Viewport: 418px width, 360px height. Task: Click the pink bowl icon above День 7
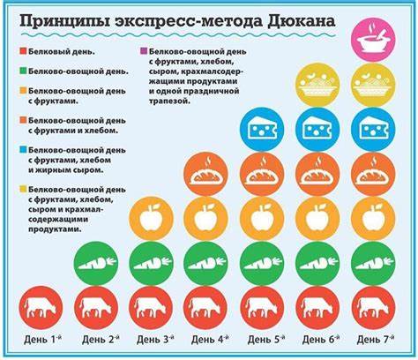[x=373, y=41]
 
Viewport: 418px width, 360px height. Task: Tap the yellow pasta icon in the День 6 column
[x=317, y=85]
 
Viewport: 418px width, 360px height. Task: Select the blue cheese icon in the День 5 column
[x=261, y=130]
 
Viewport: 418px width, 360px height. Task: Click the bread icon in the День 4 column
[x=205, y=174]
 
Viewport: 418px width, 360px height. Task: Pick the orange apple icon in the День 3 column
[x=150, y=218]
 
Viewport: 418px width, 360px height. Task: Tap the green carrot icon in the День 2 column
[x=94, y=262]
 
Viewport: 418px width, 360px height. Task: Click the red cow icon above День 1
[x=39, y=306]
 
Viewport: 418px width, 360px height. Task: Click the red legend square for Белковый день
[x=21, y=51]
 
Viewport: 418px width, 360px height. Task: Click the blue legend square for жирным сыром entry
[x=21, y=151]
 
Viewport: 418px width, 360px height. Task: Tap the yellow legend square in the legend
[x=21, y=189]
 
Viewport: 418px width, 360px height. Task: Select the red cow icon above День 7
[x=373, y=306]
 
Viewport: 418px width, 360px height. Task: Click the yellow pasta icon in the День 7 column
[x=373, y=85]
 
